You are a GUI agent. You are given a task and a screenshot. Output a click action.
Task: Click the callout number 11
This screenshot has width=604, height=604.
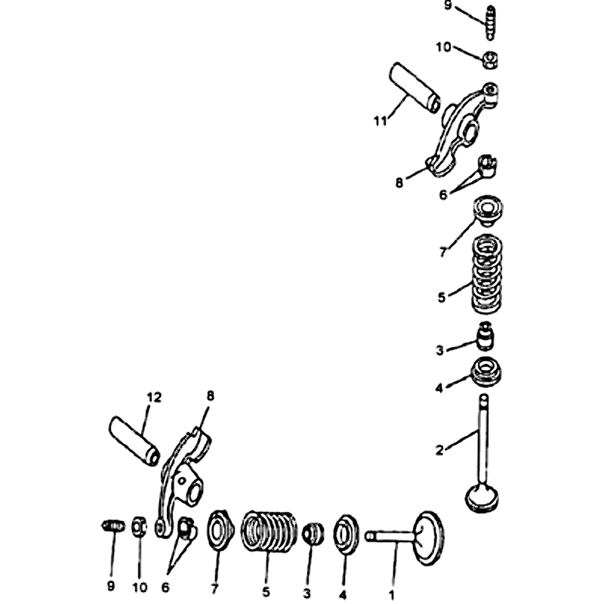tap(381, 121)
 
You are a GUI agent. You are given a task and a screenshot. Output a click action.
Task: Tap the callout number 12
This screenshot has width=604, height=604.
tap(154, 397)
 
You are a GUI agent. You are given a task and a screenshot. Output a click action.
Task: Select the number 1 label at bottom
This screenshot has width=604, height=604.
tap(392, 595)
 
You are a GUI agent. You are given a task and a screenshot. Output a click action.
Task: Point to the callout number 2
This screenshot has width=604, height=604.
tap(439, 449)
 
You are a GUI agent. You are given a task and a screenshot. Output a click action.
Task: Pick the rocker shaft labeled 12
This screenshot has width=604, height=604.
tap(135, 441)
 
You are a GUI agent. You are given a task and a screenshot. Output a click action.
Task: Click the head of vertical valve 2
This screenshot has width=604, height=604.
tap(483, 498)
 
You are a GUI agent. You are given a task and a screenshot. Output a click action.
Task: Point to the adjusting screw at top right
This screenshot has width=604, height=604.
tap(490, 23)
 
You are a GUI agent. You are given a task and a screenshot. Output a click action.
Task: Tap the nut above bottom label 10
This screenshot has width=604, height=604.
tap(140, 526)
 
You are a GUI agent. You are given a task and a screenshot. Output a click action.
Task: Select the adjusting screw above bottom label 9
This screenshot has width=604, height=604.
tap(113, 525)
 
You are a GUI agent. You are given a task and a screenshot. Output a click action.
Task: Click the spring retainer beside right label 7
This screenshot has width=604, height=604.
tap(488, 211)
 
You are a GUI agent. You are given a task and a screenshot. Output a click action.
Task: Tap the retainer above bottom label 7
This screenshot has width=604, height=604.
tap(220, 529)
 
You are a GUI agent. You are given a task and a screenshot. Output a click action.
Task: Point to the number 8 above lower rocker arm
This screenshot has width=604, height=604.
tap(211, 396)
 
